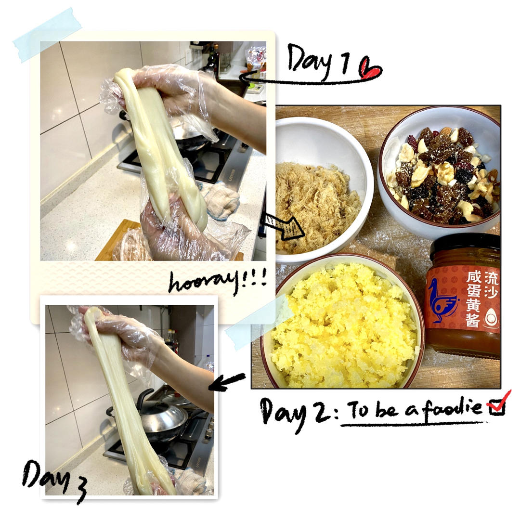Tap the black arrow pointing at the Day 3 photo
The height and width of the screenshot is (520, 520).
point(227,382)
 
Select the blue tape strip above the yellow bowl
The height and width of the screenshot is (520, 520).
point(258,322)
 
